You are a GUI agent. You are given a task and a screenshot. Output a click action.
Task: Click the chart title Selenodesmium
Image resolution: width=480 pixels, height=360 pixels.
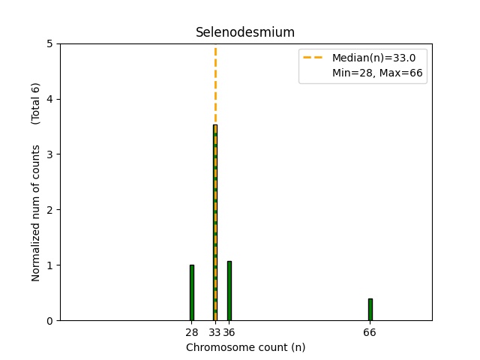point(245,32)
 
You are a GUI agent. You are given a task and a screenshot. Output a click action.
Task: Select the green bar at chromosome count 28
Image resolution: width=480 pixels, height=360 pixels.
point(192,292)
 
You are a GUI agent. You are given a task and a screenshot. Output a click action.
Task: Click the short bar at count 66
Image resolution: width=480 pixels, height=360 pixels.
point(370,310)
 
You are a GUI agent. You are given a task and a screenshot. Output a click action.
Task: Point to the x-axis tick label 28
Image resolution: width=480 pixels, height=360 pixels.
point(192,332)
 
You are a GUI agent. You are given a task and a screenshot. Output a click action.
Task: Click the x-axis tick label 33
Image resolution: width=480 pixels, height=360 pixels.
point(214,332)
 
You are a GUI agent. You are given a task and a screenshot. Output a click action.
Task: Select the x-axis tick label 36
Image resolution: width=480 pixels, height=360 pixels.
point(229,332)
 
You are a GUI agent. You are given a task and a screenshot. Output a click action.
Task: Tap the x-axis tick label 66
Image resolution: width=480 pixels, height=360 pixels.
point(370,332)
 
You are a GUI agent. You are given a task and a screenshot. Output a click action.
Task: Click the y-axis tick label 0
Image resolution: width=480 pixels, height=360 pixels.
point(49,321)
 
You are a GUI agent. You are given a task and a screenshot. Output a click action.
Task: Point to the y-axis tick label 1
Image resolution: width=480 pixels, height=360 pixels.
point(49,265)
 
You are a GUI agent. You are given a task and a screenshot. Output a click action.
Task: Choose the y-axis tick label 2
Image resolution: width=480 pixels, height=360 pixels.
point(49,210)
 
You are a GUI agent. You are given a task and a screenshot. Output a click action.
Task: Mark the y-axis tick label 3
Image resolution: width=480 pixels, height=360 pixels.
point(49,154)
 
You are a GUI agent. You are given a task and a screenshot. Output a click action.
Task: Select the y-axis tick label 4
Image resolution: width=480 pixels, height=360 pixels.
point(49,99)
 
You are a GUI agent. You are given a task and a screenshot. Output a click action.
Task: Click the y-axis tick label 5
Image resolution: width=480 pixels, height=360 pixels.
point(49,43)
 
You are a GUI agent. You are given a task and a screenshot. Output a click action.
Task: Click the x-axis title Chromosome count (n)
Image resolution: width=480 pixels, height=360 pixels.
point(245,347)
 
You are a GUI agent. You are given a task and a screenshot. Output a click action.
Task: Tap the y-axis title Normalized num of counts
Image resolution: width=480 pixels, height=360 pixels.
point(36,213)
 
